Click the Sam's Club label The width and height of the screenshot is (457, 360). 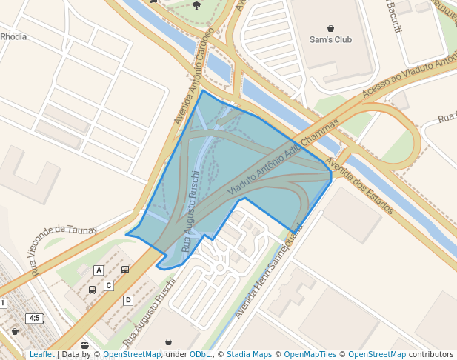point(330,39)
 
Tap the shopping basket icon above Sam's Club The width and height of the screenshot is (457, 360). point(330,28)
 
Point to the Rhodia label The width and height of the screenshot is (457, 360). point(13,36)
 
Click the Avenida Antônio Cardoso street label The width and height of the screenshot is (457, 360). point(193,76)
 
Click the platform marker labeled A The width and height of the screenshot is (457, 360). point(99,270)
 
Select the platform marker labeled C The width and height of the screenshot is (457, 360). point(109,285)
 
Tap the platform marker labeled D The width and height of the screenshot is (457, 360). point(128,300)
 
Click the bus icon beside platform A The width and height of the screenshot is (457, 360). point(124,270)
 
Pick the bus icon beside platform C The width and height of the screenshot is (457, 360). point(92,290)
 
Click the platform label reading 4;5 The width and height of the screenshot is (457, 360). point(34,318)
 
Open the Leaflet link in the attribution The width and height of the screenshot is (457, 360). point(41,355)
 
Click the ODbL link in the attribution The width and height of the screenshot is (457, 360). point(200,355)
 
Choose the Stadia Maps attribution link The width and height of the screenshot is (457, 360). point(249,355)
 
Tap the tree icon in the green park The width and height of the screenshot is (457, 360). point(196,4)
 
